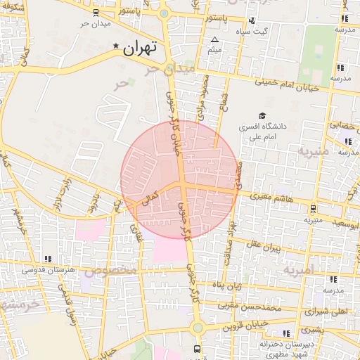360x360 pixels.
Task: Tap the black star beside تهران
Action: point(116,46)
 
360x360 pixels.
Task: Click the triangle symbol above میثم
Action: point(214,39)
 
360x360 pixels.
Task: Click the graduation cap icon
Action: point(262,116)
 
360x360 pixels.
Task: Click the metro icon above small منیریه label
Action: point(312,208)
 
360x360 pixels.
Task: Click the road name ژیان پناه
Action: point(228,286)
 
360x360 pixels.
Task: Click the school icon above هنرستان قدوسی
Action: point(47,259)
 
